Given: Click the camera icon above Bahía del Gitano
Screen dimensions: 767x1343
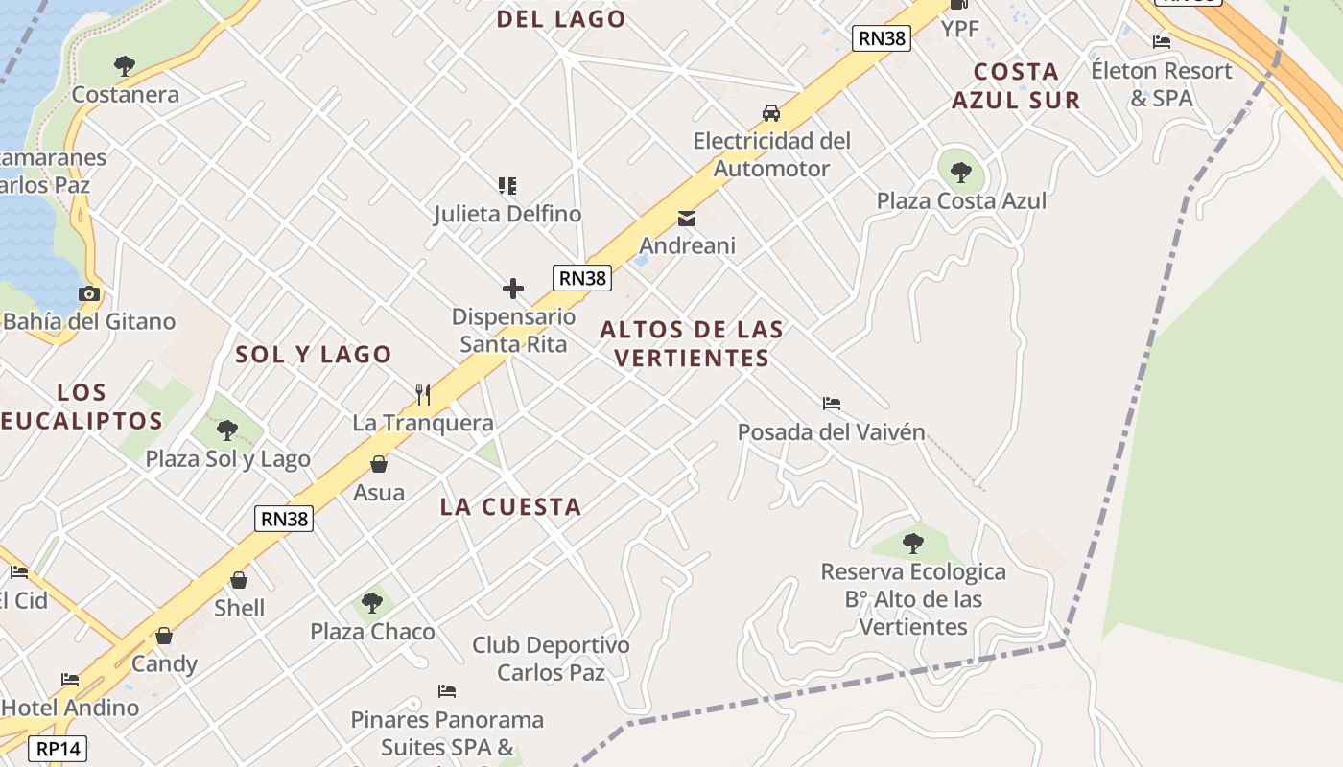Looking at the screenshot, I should (x=89, y=293).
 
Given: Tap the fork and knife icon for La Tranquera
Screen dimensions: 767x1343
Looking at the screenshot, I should (x=423, y=394).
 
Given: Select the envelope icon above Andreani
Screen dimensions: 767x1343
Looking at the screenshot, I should (x=687, y=219).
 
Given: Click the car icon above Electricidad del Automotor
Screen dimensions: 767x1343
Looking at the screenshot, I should (x=771, y=113).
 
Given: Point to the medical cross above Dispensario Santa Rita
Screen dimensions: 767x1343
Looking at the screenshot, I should (x=513, y=288).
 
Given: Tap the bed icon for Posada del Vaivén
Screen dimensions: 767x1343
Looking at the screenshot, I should (x=832, y=404).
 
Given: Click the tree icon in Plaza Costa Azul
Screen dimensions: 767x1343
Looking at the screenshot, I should (x=961, y=173).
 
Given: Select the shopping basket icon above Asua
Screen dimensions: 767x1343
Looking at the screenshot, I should (x=379, y=464).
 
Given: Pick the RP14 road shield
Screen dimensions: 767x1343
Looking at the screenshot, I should (x=59, y=749).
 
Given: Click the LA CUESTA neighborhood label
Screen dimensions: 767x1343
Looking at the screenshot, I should (x=510, y=507).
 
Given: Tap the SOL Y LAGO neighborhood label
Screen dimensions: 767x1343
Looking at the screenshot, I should (x=314, y=354).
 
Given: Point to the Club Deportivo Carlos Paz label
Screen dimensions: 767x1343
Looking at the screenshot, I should (x=551, y=659).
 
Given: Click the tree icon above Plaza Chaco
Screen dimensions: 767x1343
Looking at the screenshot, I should (x=372, y=603).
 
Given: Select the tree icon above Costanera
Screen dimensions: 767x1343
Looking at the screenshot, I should (x=124, y=66).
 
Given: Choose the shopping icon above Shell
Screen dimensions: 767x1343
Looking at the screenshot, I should (x=239, y=580).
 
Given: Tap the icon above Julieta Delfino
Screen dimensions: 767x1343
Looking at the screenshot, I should (x=507, y=185).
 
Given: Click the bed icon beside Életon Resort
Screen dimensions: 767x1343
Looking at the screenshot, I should (x=1162, y=41).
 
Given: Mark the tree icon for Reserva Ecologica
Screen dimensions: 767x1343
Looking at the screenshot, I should (x=913, y=544).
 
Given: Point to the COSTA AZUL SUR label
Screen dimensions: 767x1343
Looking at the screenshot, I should (x=1016, y=85).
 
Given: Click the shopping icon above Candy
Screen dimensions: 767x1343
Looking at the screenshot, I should (x=164, y=636).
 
